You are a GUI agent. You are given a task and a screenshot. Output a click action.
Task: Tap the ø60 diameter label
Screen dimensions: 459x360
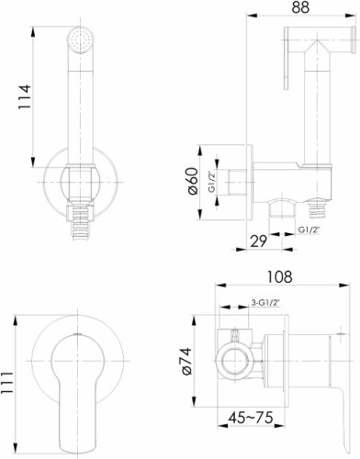pyautogui.click(x=194, y=184)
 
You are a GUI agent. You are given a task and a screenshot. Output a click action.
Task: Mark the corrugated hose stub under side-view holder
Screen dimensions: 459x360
pyautogui.click(x=319, y=213)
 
